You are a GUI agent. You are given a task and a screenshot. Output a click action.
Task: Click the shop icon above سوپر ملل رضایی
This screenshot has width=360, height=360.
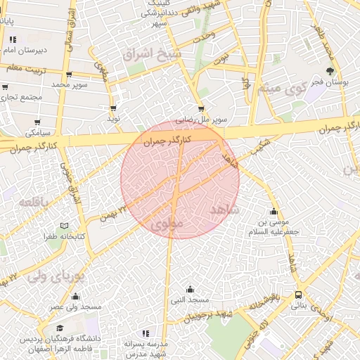[x=201, y=109]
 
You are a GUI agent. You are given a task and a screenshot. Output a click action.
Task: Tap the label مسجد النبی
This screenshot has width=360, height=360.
[x=190, y=300]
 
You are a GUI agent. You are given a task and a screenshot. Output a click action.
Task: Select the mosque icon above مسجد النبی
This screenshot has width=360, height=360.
[x=190, y=289]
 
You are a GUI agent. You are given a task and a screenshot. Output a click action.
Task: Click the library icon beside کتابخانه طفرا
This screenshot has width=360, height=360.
[x=65, y=226]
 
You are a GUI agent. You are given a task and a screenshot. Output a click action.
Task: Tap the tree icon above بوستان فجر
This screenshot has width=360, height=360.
[x=330, y=70]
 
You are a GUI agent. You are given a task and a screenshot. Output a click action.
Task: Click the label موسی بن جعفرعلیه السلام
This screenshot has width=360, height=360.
[x=274, y=226]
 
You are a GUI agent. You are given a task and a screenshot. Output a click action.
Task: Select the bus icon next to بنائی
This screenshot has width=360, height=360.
[x=299, y=295]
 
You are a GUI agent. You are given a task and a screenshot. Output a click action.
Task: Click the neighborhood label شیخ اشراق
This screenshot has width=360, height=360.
[x=151, y=54]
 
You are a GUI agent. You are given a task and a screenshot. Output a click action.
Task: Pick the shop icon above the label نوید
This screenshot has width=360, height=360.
[x=113, y=108]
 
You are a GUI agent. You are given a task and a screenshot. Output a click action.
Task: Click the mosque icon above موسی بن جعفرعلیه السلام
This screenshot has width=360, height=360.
[x=274, y=211]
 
